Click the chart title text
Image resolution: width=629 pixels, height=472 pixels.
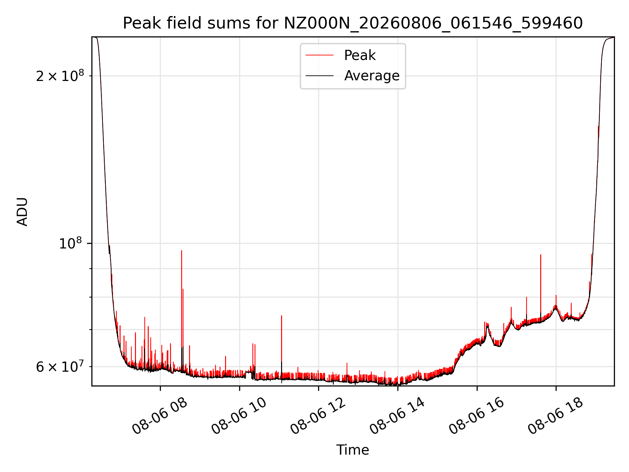point(353,23)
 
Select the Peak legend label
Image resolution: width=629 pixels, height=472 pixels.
point(360,55)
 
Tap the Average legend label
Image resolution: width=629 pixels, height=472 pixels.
point(372,76)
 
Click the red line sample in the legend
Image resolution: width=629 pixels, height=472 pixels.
point(319,55)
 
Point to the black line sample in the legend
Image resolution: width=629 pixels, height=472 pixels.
point(319,76)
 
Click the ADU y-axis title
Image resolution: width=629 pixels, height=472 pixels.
point(22,211)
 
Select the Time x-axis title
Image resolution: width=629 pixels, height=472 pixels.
point(353,450)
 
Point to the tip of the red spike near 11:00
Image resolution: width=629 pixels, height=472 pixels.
point(281,316)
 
